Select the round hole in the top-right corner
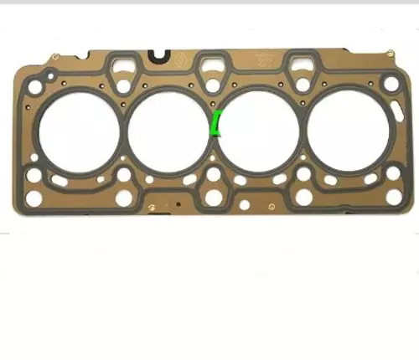391,83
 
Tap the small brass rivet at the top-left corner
54,57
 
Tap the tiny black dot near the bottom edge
177,203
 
